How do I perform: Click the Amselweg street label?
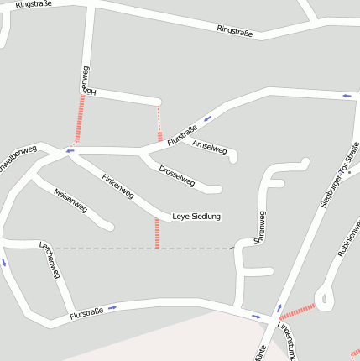tap(210, 146)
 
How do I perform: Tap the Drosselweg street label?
tap(176, 175)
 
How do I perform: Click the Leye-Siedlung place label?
tap(196, 217)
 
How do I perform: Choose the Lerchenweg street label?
tap(51, 261)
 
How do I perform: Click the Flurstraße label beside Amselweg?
tap(181, 135)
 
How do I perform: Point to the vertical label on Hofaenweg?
tap(85, 80)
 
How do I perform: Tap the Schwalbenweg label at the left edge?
tap(17, 160)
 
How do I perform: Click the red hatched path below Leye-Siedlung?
tap(157, 233)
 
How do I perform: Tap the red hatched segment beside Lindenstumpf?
tap(299, 311)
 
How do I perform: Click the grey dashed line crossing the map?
tap(143, 249)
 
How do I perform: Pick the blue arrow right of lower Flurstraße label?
tap(112, 307)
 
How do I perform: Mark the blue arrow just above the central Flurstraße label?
tap(206, 118)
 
